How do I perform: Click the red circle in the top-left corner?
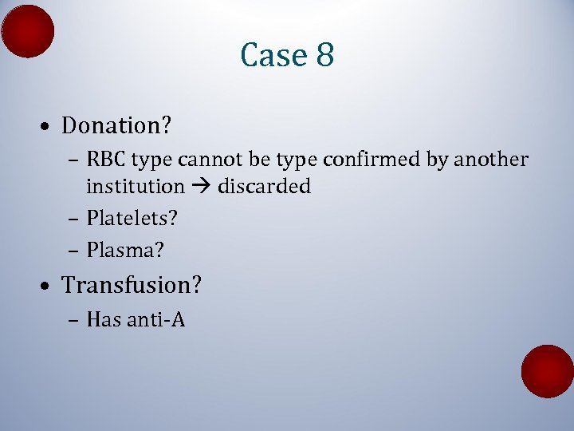[x=28, y=31]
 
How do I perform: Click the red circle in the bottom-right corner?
[x=548, y=371]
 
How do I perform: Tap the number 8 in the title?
[x=324, y=56]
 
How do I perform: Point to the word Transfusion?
[x=132, y=285]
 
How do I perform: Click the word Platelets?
[x=132, y=217]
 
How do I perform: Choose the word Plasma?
[x=125, y=250]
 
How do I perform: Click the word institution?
[x=135, y=186]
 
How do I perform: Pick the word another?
[x=491, y=160]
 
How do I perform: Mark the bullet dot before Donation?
[x=49, y=127]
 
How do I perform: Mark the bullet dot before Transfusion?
[x=49, y=286]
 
